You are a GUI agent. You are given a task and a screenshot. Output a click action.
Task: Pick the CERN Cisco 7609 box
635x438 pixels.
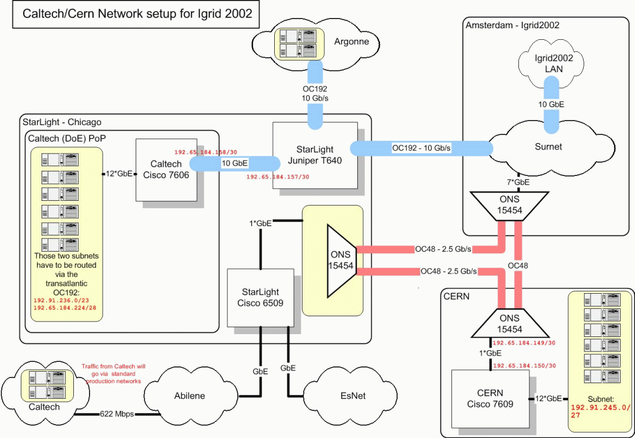pos(490,399)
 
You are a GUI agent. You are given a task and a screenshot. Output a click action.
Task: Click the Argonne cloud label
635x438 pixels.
pos(351,42)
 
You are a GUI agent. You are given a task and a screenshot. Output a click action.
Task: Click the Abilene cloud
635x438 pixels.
pos(190,396)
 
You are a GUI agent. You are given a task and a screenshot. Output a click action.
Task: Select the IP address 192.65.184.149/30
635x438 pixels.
pos(524,343)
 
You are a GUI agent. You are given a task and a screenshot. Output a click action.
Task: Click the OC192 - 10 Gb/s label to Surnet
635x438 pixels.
pos(421,148)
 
